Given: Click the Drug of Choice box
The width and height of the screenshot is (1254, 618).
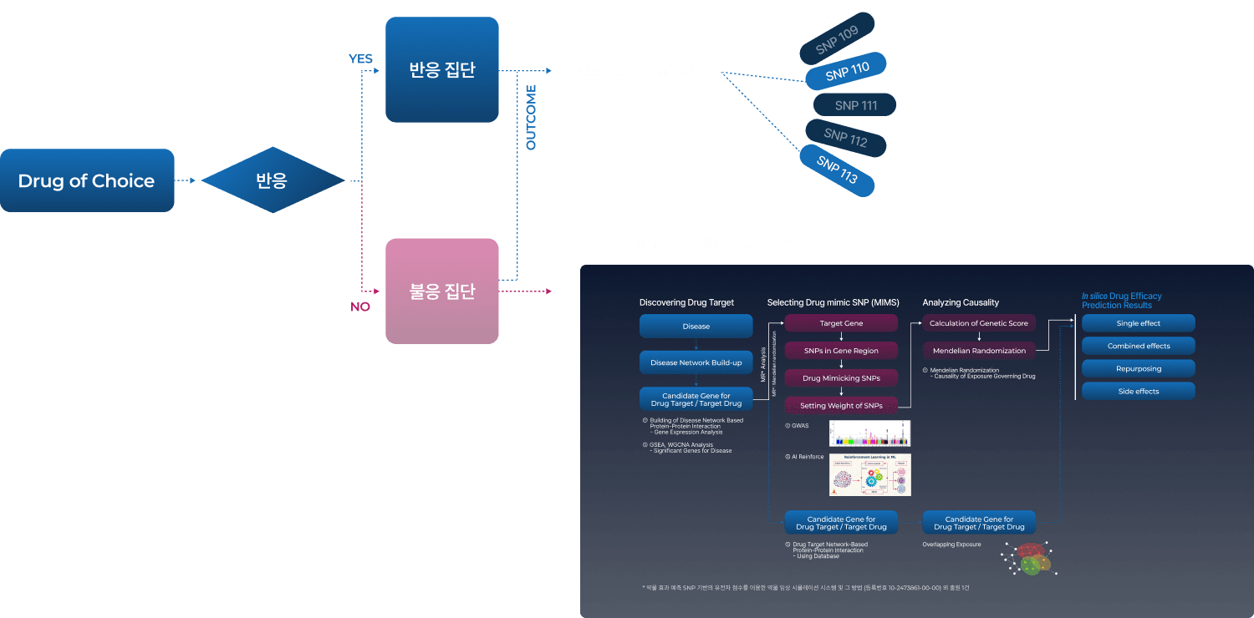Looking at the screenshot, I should (87, 180).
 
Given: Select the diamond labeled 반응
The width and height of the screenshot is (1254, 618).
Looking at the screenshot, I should (272, 180).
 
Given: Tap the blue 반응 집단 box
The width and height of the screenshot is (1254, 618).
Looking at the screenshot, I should (441, 69).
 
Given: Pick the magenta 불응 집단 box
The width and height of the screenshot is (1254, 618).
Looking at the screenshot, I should (441, 291).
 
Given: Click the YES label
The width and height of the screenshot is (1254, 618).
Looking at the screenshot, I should (360, 58).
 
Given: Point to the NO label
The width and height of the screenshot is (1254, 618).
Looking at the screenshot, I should (360, 306).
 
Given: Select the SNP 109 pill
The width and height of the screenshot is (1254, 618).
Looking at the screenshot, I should (837, 40).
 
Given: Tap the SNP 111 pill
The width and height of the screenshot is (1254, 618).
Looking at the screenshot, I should (855, 105).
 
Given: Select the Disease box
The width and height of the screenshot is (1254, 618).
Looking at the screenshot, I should (696, 327).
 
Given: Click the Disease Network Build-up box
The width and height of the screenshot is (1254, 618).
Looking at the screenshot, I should (696, 362).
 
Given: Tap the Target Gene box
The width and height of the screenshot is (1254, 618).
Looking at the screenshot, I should (841, 323).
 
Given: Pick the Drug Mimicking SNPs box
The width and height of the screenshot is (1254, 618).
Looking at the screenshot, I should (841, 378).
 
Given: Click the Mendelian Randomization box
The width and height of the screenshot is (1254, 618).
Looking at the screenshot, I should (979, 351).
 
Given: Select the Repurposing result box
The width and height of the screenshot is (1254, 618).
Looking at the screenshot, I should (1138, 368).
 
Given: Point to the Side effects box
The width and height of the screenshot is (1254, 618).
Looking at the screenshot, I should (1138, 391).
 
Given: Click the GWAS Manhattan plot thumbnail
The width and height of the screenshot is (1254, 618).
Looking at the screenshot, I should (869, 433).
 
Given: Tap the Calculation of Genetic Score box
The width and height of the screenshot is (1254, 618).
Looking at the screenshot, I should (979, 323).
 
